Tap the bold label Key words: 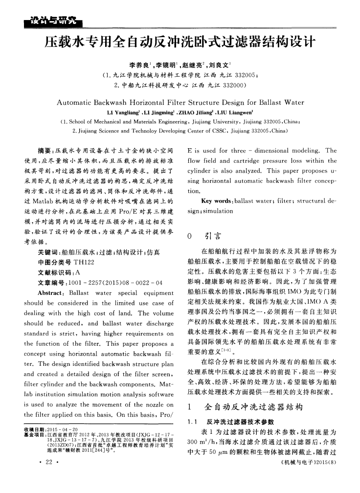click(x=216, y=201)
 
